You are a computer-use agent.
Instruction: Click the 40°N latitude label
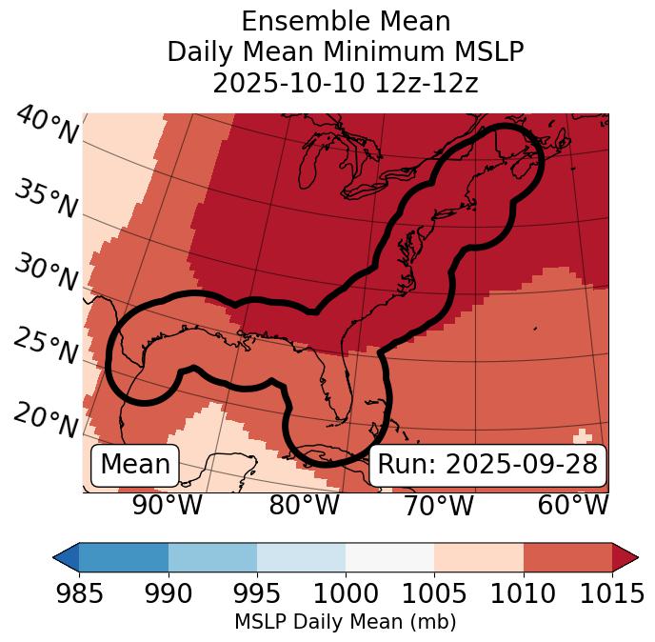tap(47, 127)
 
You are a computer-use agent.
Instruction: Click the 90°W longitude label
tap(169, 506)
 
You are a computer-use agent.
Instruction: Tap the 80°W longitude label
tap(304, 506)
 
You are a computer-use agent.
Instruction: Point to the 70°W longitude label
tap(439, 506)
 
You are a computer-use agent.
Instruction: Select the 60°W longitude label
tap(573, 506)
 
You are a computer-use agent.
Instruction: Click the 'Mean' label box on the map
tap(135, 465)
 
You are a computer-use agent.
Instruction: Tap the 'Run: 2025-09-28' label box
tap(487, 465)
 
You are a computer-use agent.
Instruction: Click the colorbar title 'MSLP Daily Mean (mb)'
tap(345, 622)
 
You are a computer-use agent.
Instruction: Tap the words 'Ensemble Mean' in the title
tap(346, 21)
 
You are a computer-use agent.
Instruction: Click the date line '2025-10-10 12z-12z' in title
tap(346, 83)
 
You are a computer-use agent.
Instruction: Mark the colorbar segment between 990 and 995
tap(212, 556)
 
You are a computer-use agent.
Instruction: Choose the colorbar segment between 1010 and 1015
tap(567, 556)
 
